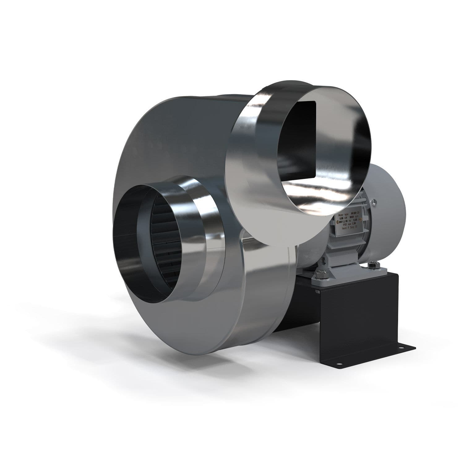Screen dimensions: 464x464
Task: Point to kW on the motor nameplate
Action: (346, 218)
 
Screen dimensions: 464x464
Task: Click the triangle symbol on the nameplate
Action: (344, 221)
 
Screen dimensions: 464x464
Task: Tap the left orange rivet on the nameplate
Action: (338, 222)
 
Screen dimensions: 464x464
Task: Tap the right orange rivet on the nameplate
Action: (361, 219)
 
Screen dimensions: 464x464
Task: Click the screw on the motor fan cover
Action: (374, 202)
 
